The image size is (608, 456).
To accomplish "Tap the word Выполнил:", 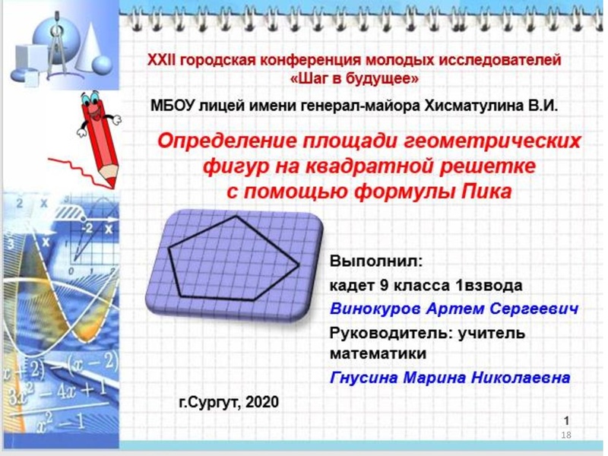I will [x=375, y=261].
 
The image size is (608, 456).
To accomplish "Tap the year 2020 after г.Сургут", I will [x=261, y=401].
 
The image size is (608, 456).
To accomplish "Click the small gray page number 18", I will [x=565, y=435].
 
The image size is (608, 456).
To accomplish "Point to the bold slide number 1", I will [x=567, y=420].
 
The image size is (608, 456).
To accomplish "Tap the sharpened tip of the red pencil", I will [x=111, y=184].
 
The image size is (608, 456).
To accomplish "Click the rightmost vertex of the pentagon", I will [x=298, y=264].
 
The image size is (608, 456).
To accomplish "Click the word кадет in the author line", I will [x=350, y=286].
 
